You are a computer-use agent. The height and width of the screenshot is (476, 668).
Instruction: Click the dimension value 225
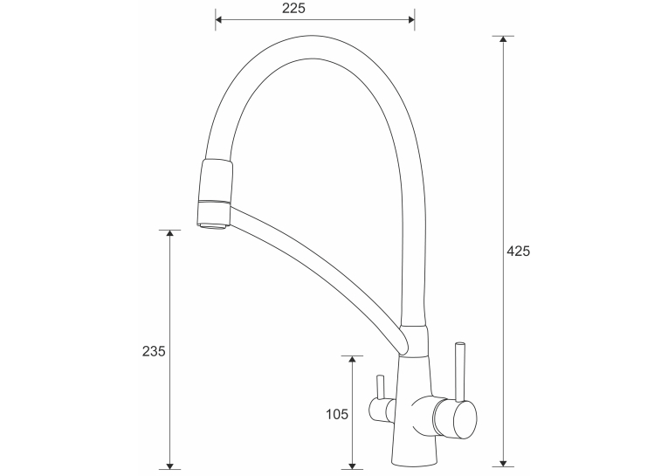[293, 8]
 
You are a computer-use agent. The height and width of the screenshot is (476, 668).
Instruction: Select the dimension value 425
[518, 251]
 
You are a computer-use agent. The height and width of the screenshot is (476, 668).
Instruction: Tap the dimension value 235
[154, 351]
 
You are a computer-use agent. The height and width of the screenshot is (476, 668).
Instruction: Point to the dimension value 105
[337, 414]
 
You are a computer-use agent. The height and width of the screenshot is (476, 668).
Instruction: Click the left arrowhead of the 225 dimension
[218, 19]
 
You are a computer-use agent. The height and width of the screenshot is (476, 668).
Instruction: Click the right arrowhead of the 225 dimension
[411, 19]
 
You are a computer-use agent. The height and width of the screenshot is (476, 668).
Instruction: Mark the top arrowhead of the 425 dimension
[503, 39]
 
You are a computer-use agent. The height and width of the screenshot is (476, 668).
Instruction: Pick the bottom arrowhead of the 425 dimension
[503, 463]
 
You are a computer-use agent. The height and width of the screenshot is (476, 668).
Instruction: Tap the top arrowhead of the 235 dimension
[170, 233]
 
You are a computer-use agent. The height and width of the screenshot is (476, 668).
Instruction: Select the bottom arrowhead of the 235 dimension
[170, 466]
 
